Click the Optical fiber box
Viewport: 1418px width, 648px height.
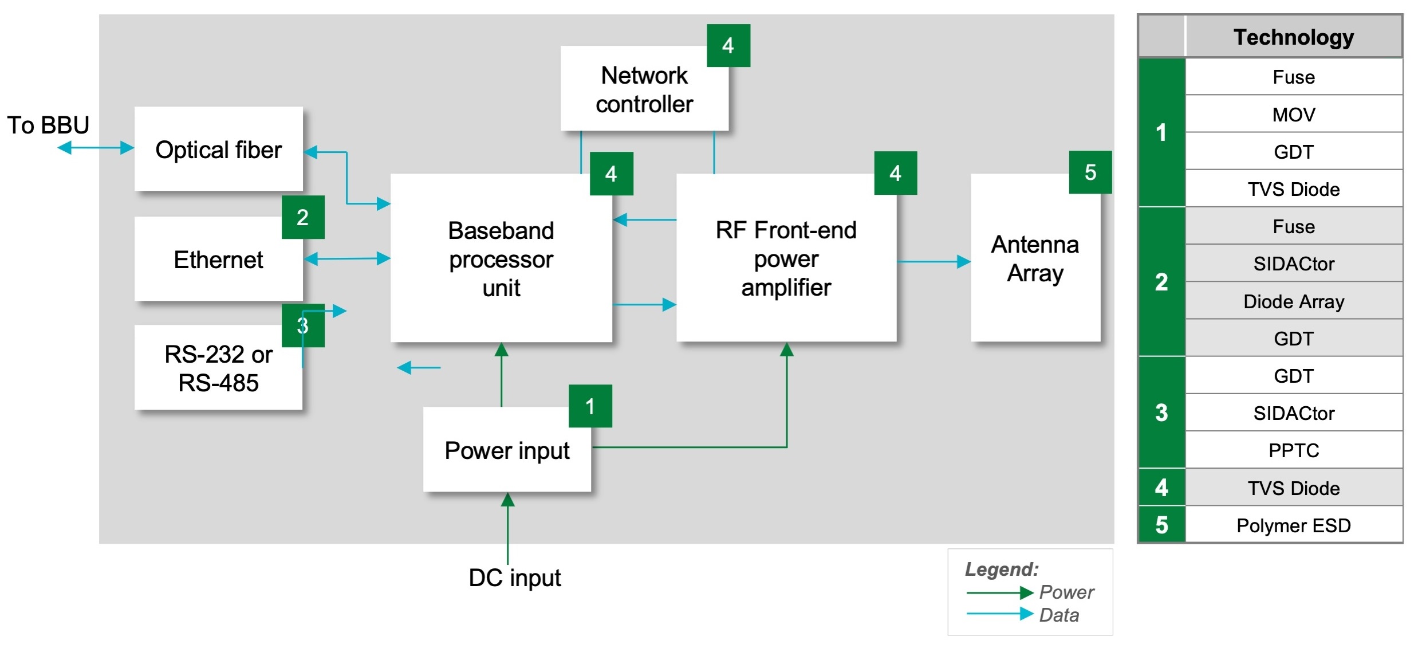(x=218, y=148)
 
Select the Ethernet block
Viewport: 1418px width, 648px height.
(x=218, y=259)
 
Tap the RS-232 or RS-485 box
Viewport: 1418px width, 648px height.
(x=218, y=367)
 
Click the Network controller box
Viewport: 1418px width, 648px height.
(x=644, y=88)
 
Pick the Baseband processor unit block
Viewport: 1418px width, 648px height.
(x=501, y=258)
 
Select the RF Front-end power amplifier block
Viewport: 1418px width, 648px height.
(x=786, y=258)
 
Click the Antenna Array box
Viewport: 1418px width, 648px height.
(x=1035, y=258)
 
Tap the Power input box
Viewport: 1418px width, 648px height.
(x=507, y=449)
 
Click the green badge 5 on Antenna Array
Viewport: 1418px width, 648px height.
(x=1090, y=172)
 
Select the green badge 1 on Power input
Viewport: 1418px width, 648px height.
(x=590, y=406)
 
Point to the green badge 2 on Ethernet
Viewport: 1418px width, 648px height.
(x=303, y=217)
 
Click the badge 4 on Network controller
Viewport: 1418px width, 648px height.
(x=728, y=46)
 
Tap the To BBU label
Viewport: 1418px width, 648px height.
(x=48, y=125)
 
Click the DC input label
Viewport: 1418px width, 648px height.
(x=515, y=578)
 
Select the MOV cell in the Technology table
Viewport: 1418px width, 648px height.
(x=1294, y=114)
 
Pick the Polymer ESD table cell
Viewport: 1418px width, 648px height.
(x=1294, y=525)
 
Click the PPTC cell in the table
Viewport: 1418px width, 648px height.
(x=1294, y=450)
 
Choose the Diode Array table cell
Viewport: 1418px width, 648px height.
(x=1294, y=301)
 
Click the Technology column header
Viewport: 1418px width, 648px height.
(x=1294, y=37)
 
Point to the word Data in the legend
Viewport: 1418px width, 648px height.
(x=1059, y=615)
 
